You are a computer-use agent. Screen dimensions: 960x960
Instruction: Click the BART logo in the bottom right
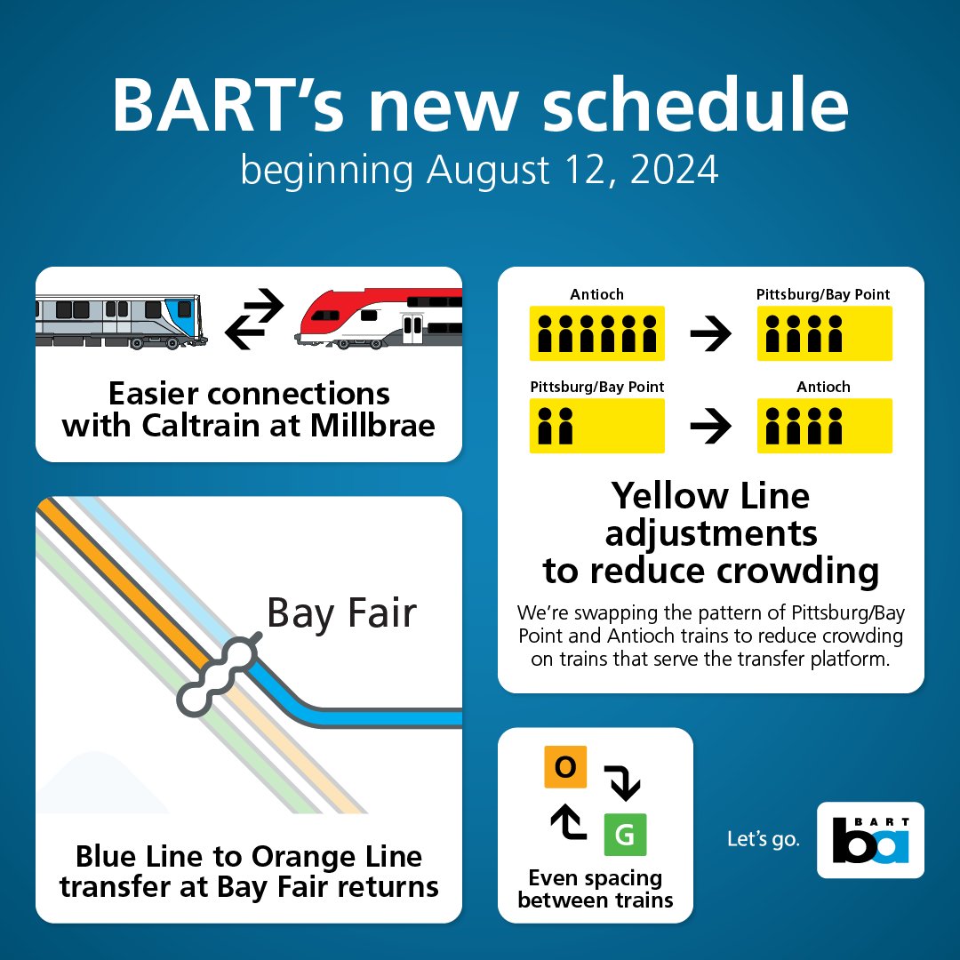(x=870, y=840)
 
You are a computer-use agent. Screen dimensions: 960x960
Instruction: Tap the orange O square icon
(x=565, y=766)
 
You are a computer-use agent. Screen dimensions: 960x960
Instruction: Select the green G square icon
(x=625, y=835)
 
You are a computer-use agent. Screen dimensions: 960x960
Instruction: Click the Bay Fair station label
(x=341, y=613)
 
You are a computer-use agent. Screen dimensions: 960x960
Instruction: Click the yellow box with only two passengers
(x=596, y=426)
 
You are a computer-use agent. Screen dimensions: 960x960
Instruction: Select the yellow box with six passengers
(x=596, y=333)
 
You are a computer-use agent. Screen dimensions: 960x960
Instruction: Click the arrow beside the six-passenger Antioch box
(x=710, y=334)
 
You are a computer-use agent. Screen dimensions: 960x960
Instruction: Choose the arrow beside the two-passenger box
(x=710, y=428)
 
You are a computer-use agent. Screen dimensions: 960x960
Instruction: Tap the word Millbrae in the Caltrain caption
(x=372, y=425)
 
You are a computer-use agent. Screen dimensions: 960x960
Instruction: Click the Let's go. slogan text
(x=762, y=839)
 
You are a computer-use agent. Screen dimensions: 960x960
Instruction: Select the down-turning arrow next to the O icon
(x=622, y=780)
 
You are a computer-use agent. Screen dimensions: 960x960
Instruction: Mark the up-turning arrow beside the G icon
(x=566, y=823)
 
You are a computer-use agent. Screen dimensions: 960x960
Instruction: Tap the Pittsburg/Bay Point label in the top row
(x=823, y=294)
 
